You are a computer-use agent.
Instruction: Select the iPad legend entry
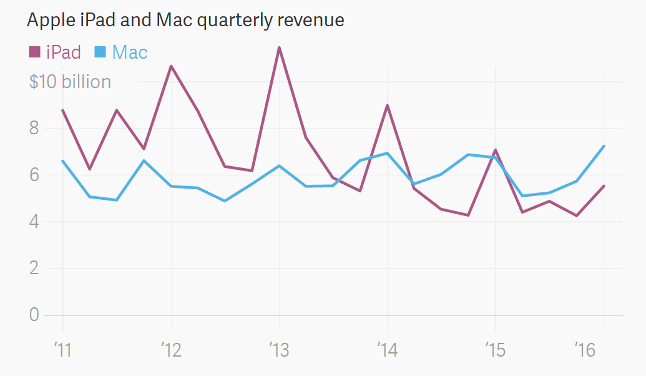[63, 52]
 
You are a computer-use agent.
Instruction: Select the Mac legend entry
[129, 52]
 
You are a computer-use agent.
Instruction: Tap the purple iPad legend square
[34, 52]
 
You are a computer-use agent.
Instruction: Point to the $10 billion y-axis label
[70, 82]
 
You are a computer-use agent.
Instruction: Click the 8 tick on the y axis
[34, 128]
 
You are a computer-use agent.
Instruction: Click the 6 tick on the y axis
[34, 175]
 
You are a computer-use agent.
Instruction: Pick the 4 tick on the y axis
[34, 222]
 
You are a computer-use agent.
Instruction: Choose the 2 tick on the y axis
[34, 269]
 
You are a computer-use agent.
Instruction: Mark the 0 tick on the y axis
[34, 315]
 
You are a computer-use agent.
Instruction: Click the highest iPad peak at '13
[279, 47]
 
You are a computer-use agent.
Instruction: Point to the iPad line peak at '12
[171, 66]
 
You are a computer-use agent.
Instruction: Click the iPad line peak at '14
[388, 106]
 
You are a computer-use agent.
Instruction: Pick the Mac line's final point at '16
[604, 146]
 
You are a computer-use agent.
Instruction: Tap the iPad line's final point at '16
[604, 186]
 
